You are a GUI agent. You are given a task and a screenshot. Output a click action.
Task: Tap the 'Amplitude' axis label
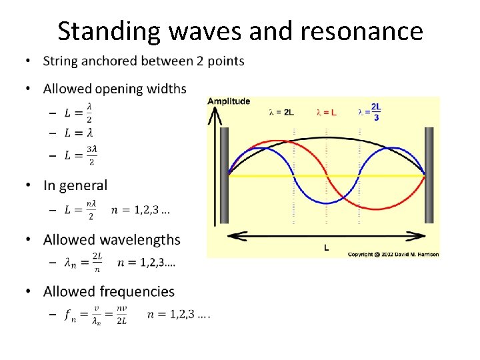pos(229,101)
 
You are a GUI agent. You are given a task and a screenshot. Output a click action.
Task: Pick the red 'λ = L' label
pos(326,112)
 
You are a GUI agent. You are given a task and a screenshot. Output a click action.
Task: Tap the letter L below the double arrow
pos(326,248)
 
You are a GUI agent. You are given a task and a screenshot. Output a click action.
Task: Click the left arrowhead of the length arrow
pos(233,235)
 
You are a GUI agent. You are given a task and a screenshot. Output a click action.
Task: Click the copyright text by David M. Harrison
pos(393,254)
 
